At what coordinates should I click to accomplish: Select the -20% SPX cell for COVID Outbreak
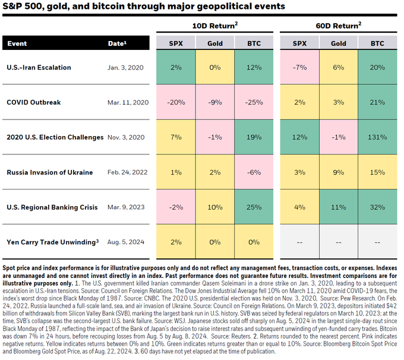[176, 102]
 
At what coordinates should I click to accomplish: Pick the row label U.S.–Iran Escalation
[39, 67]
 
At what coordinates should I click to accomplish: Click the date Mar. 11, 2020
[128, 102]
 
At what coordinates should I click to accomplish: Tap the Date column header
[117, 43]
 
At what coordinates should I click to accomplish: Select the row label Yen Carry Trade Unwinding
[52, 242]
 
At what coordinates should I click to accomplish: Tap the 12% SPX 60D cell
[300, 137]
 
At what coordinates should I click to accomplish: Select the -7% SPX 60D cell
[300, 67]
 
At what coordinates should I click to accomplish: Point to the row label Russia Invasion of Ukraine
[50, 172]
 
